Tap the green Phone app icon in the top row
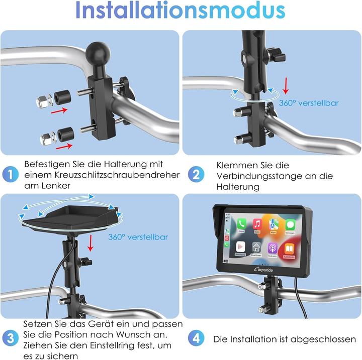click(242, 224)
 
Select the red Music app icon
click(257, 224)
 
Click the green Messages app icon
click(290, 224)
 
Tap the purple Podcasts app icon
click(273, 248)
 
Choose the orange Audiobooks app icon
click(290, 248)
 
